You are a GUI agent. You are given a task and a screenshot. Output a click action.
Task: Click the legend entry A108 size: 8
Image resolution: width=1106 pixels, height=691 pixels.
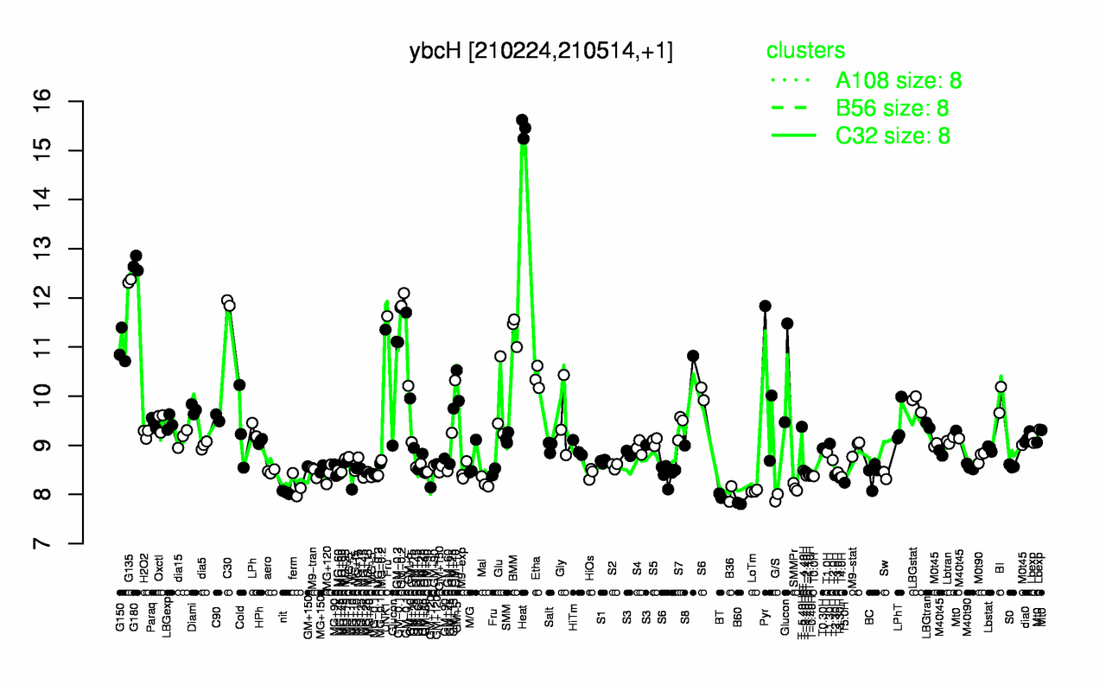point(899,81)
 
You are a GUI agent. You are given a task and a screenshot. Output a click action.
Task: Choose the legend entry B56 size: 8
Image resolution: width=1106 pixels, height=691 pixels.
point(899,108)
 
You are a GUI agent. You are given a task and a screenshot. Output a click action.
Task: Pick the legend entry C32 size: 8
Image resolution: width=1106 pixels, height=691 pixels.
point(899,136)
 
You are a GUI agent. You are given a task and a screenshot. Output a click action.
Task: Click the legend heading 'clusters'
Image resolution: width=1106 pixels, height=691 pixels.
point(805,51)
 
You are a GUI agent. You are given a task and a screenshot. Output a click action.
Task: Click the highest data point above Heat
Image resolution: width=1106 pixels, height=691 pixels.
point(522,120)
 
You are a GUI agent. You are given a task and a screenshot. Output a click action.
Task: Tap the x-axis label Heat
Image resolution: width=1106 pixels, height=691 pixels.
point(522,574)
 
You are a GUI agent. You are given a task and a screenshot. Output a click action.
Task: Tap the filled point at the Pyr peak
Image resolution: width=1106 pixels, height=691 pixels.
point(765,306)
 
